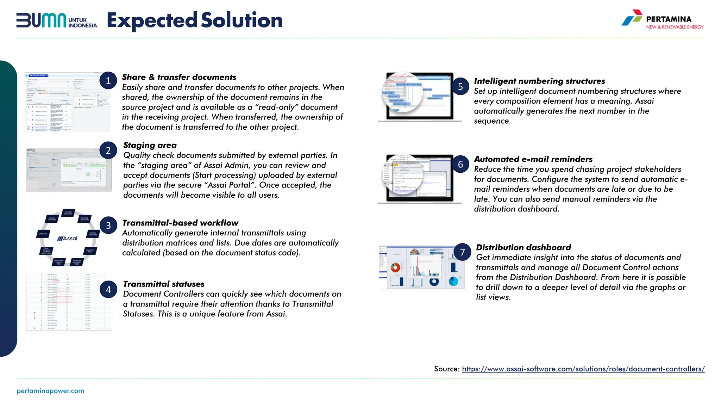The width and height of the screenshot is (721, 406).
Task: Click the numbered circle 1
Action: click(x=108, y=81)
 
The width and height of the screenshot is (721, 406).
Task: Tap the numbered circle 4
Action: click(x=108, y=289)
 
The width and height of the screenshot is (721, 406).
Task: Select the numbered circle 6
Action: click(x=460, y=164)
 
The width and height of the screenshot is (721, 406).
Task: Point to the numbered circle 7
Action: click(x=462, y=252)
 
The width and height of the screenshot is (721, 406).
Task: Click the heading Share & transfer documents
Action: click(x=179, y=77)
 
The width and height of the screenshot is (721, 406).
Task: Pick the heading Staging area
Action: click(x=150, y=145)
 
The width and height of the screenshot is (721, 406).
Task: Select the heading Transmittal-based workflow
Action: click(x=180, y=223)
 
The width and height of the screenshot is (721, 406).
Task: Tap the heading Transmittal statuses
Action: click(x=163, y=284)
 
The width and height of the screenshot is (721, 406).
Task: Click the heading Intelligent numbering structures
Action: click(x=539, y=81)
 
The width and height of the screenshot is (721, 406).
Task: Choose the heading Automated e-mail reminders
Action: click(x=533, y=159)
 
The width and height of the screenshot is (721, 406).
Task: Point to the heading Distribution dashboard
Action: click(x=523, y=247)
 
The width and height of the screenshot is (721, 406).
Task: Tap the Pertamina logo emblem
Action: click(x=632, y=18)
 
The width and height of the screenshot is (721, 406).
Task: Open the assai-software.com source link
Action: click(x=583, y=369)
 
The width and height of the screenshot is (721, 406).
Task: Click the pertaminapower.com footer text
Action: click(x=50, y=391)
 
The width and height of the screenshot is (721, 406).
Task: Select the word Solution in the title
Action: click(x=242, y=20)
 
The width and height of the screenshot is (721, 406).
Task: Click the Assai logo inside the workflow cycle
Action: click(x=67, y=239)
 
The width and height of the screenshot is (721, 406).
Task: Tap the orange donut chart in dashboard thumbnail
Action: click(x=395, y=267)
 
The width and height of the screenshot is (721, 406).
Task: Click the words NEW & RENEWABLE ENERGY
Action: click(x=675, y=27)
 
